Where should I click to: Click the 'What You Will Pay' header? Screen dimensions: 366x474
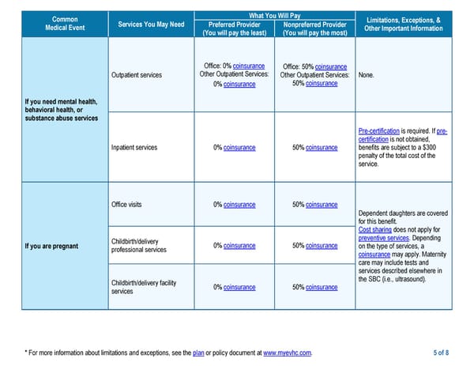(274, 16)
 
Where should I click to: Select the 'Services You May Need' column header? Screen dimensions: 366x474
(151, 25)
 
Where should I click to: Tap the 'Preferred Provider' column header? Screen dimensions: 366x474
(234, 25)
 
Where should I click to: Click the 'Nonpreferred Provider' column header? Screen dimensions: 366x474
(315, 25)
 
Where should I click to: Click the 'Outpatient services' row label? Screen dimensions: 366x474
(136, 75)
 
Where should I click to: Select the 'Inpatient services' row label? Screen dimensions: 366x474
(134, 147)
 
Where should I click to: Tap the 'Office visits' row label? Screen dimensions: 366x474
(126, 205)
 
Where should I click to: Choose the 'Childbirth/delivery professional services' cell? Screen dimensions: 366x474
(138, 245)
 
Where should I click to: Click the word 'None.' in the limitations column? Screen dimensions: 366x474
(366, 75)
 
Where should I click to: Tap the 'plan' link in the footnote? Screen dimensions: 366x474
(197, 352)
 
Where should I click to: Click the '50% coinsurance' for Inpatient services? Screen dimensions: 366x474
(314, 147)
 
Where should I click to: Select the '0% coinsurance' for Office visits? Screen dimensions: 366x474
(234, 205)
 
